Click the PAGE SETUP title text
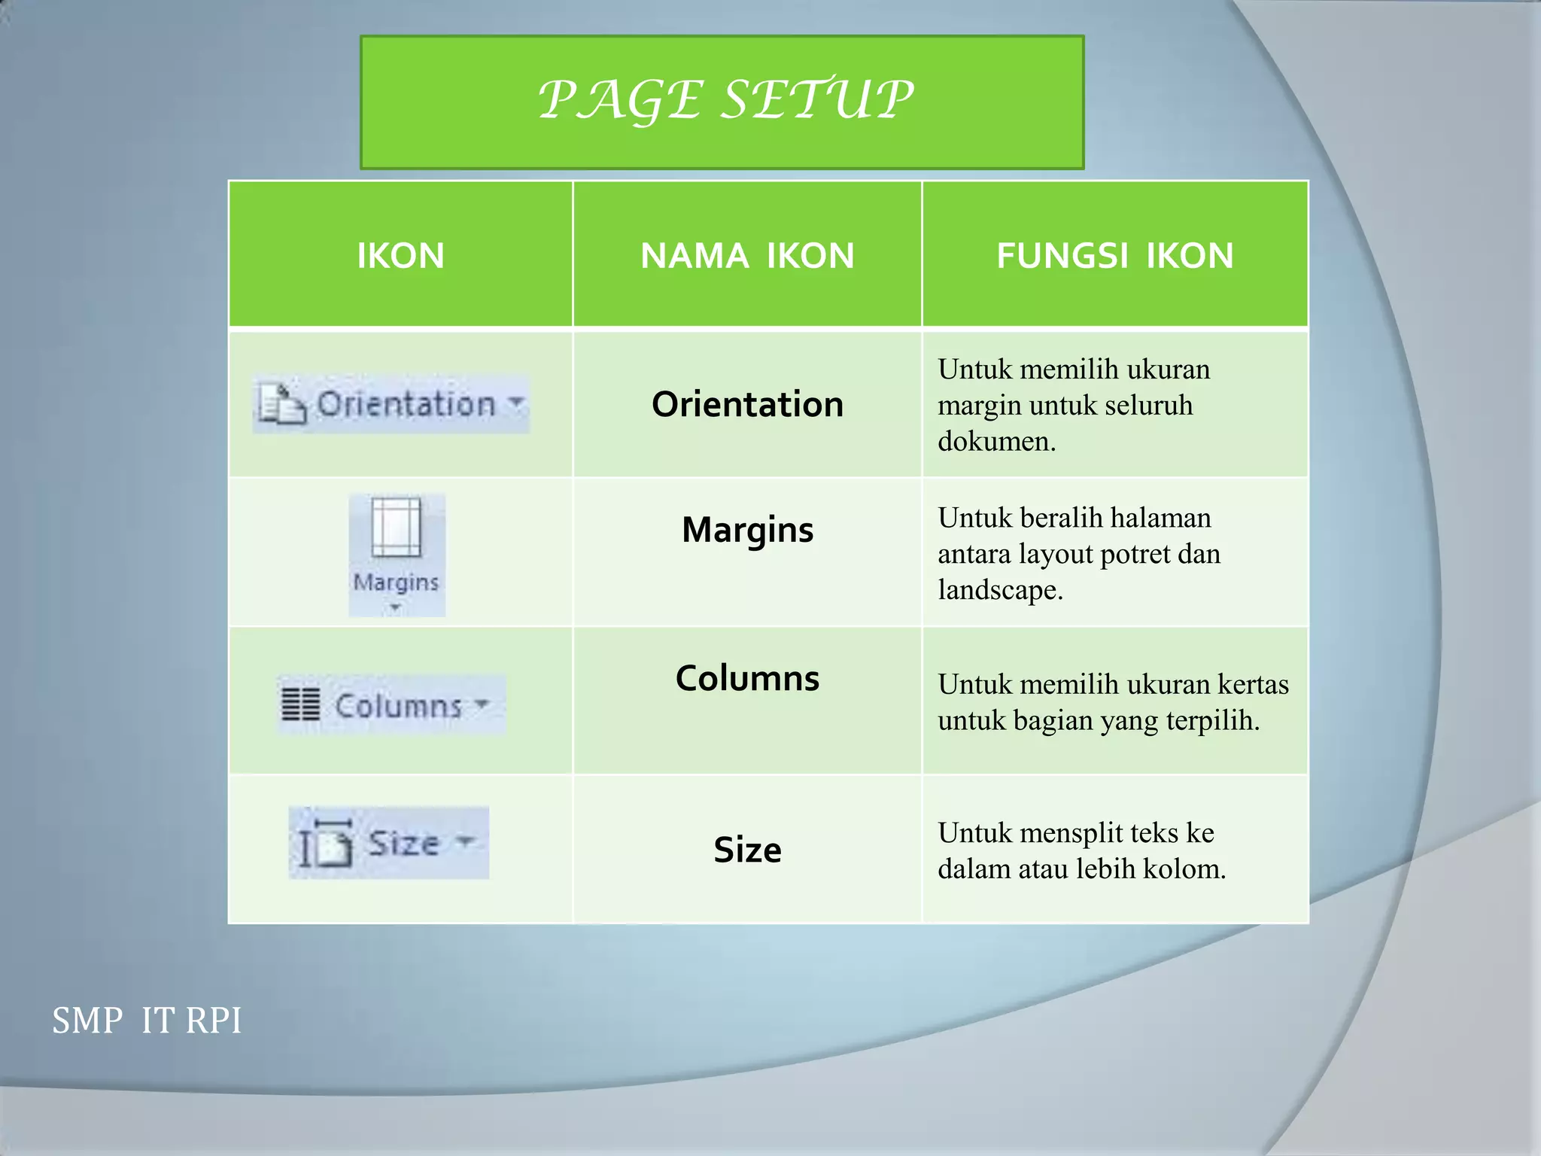[x=726, y=100]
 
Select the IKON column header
[x=400, y=256]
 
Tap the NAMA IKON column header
[x=747, y=256]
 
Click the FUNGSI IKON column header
[x=1115, y=256]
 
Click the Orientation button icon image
[x=391, y=404]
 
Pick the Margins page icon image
[x=397, y=527]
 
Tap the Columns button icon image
[x=391, y=705]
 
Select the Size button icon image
[x=388, y=843]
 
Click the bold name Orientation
[x=747, y=405]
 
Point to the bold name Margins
[x=747, y=530]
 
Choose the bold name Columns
[x=747, y=679]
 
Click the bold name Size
[x=747, y=850]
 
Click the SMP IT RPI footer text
[x=147, y=1021]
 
